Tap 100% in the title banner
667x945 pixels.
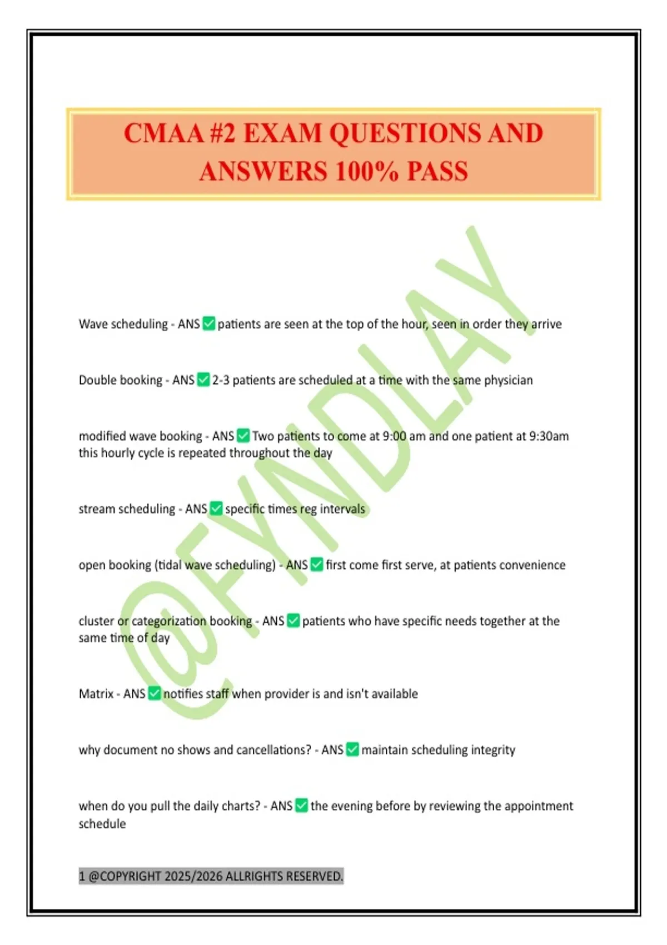tap(367, 171)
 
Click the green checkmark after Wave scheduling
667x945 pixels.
tap(209, 324)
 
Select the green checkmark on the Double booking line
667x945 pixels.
tap(203, 380)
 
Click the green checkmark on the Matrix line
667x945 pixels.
tap(155, 694)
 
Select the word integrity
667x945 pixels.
tap(493, 750)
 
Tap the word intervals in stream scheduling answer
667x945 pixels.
tap(342, 509)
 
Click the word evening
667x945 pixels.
tap(351, 806)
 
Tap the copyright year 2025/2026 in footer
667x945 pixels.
tap(205, 877)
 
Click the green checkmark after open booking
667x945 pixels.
tap(317, 565)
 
